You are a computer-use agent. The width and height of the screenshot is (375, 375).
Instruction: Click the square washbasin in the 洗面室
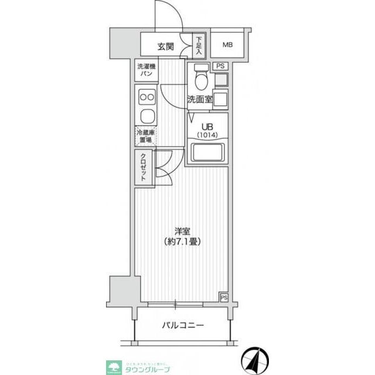(220, 98)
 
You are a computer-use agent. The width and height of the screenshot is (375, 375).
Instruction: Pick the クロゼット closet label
(144, 169)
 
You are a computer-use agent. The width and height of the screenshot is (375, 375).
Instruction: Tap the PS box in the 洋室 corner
(223, 298)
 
